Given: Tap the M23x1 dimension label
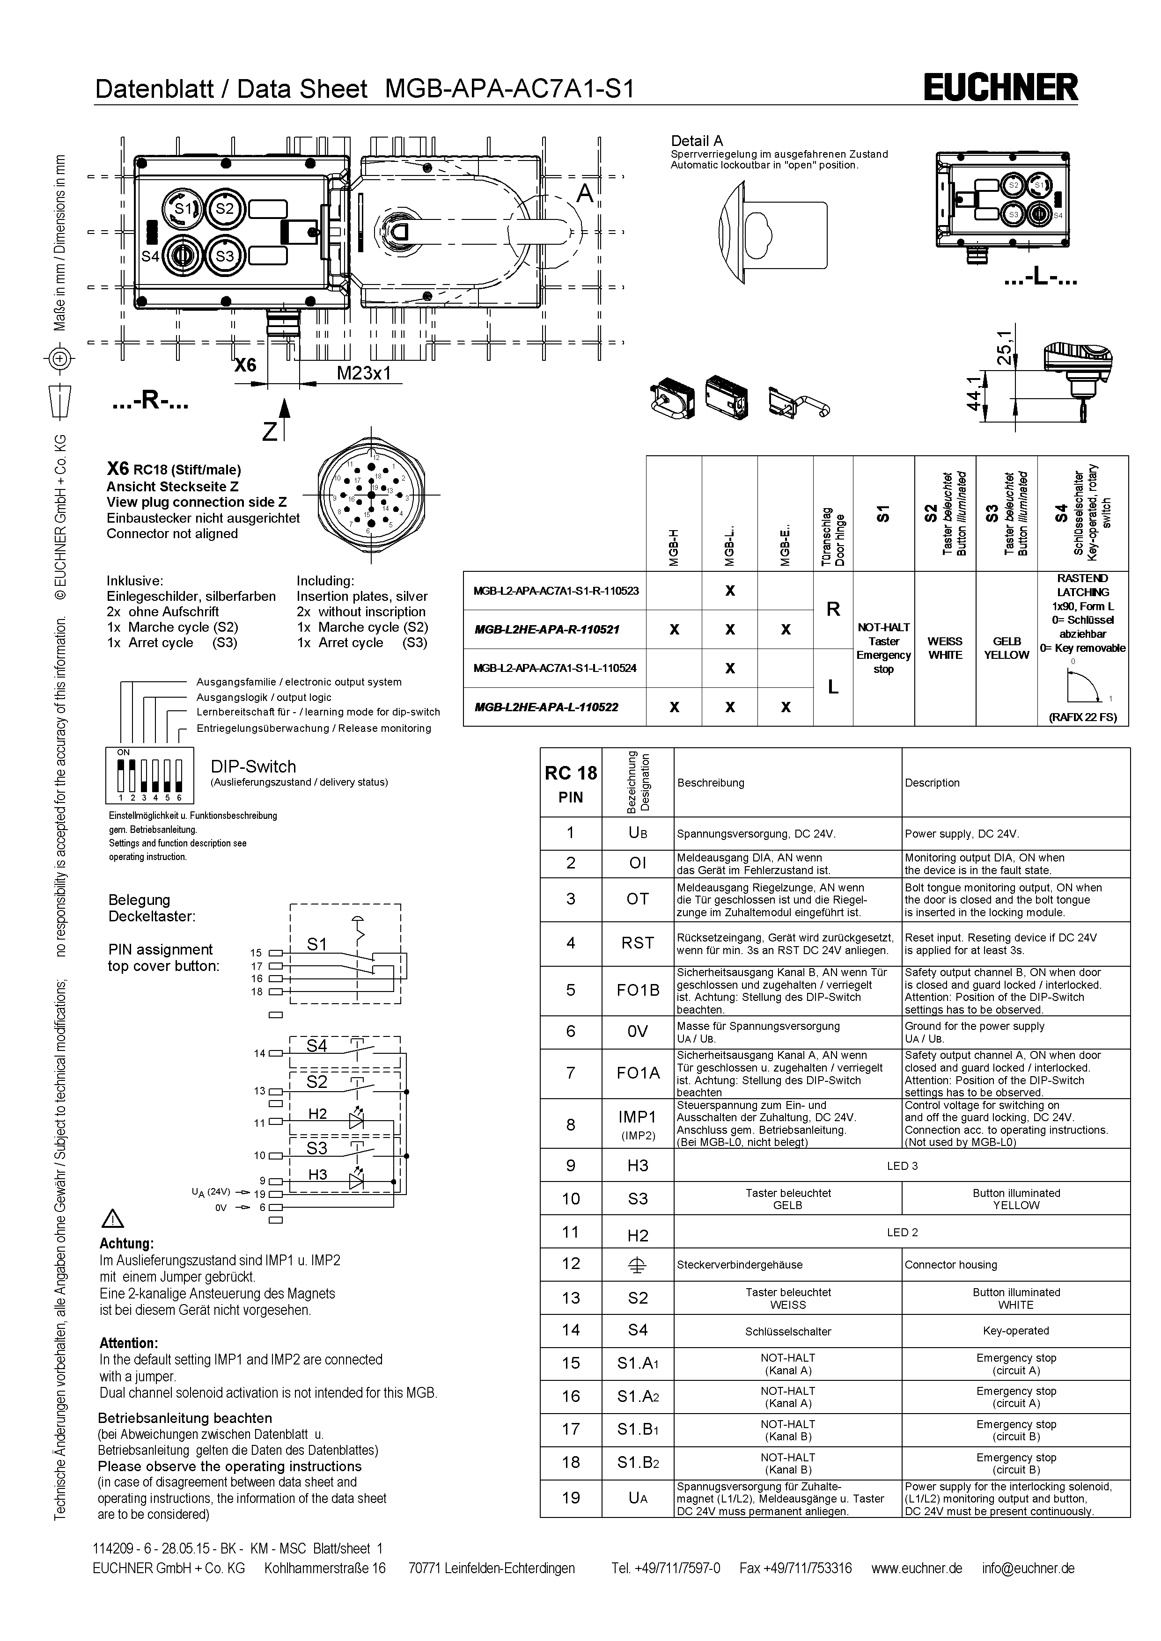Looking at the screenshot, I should pyautogui.click(x=364, y=373).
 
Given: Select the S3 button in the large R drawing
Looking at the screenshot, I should pyautogui.click(x=225, y=256).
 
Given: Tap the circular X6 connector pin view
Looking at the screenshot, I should pyautogui.click(x=371, y=495).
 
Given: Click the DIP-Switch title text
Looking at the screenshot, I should pyautogui.click(x=253, y=767).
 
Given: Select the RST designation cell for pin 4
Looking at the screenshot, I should pyautogui.click(x=637, y=943).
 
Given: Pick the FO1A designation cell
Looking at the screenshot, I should pyautogui.click(x=638, y=1073).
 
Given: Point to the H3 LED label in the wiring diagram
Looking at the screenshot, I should pyautogui.click(x=317, y=1174).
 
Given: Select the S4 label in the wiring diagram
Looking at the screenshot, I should pyautogui.click(x=317, y=1046).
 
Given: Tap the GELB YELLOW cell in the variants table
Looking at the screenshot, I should pyautogui.click(x=1006, y=648).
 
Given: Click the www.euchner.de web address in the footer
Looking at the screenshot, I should pyautogui.click(x=917, y=1568).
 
